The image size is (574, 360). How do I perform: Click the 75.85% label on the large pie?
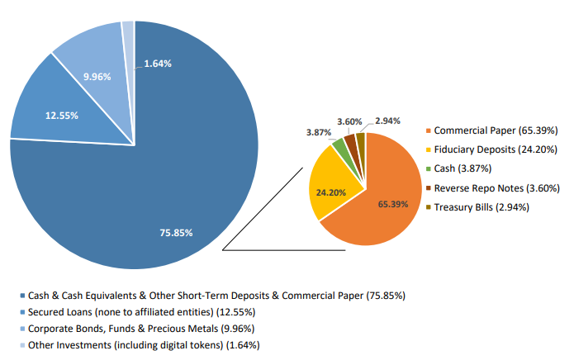176,233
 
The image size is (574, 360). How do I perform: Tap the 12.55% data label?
62,116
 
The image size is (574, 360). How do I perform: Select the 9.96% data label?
97,77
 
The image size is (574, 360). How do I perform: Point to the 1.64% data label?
158,64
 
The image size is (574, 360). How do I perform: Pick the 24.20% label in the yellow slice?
330,192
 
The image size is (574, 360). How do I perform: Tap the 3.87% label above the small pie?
320,133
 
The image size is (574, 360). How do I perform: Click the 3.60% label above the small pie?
349,121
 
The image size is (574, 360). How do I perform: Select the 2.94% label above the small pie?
387,121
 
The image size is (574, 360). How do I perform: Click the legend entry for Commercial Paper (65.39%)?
496,130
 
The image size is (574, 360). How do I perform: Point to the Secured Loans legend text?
141,312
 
